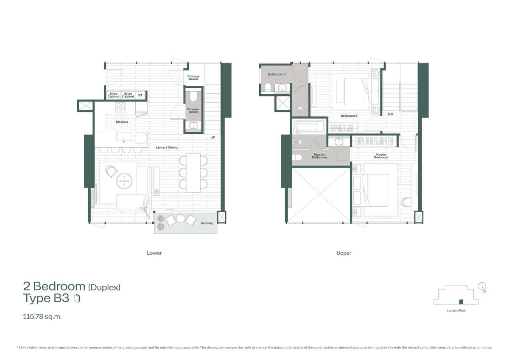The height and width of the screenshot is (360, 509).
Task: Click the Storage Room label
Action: point(193,78)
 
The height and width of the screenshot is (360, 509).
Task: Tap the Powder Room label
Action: point(193,110)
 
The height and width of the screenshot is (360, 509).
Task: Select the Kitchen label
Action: point(122,122)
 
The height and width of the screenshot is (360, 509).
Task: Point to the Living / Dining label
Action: point(167,147)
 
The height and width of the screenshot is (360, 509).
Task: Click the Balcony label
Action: point(207,222)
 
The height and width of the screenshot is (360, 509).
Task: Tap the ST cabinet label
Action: point(140,95)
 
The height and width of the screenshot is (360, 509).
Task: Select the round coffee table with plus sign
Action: point(125,182)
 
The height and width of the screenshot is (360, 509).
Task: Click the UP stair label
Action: point(213,138)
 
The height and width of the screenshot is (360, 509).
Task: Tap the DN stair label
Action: point(390,114)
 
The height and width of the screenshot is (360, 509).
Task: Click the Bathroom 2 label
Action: point(277,74)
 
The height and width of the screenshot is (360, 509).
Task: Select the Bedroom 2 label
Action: point(349,115)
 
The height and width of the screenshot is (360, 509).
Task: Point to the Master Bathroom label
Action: point(319,156)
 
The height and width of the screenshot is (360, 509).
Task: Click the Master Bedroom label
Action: point(381,156)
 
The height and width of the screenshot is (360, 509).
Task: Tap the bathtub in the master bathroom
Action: point(308,127)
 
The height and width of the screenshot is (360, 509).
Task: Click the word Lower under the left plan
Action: point(154,253)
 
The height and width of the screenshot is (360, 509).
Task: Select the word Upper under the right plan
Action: point(344,253)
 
